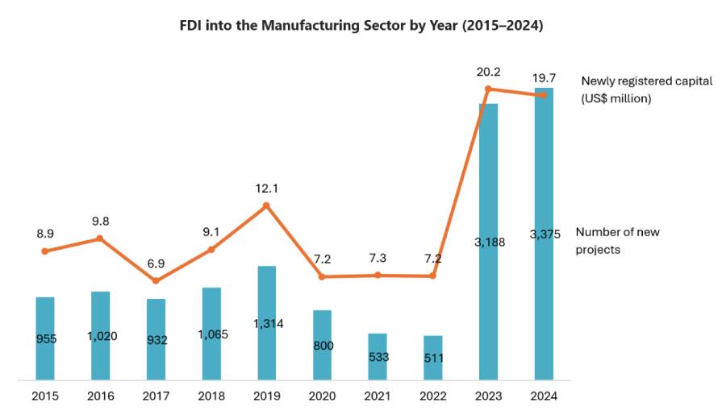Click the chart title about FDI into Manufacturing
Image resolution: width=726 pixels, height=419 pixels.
point(361,26)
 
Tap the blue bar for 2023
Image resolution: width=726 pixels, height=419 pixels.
point(488,242)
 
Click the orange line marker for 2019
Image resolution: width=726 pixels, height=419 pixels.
point(266,205)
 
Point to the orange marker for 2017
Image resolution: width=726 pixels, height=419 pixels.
point(156,280)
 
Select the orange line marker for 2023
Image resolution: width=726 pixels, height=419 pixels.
point(488,89)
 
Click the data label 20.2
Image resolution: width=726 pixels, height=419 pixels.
point(488,72)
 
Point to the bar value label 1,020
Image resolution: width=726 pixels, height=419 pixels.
point(101,336)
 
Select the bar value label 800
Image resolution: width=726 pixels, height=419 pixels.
point(322,346)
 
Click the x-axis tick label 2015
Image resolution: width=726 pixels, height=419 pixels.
point(45,396)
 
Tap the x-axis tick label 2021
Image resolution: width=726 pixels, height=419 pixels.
point(377,396)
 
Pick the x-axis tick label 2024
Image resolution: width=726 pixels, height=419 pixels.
point(543,396)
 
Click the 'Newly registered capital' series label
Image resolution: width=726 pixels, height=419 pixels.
point(646,89)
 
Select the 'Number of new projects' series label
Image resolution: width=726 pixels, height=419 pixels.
point(617,241)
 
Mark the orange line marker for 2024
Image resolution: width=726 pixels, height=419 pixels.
point(543,95)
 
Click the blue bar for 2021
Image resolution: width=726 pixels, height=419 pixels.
point(377,356)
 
